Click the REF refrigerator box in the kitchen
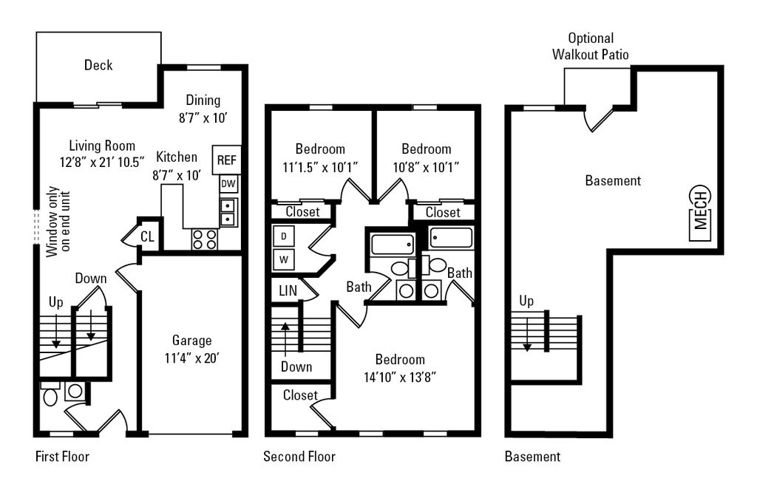pyautogui.click(x=226, y=160)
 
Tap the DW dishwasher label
pyautogui.click(x=228, y=184)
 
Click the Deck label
pyautogui.click(x=98, y=65)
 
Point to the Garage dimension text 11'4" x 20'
pyautogui.click(x=192, y=358)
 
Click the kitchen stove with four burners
pyautogui.click(x=204, y=239)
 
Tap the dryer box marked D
pyautogui.click(x=284, y=236)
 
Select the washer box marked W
pyautogui.click(x=284, y=259)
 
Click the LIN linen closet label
pyautogui.click(x=288, y=290)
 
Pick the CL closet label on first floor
pyautogui.click(x=147, y=236)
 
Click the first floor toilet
pyautogui.click(x=50, y=395)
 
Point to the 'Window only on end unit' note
pyautogui.click(x=59, y=221)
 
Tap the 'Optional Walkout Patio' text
pyautogui.click(x=591, y=47)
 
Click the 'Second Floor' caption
pyautogui.click(x=299, y=457)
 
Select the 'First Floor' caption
pyautogui.click(x=62, y=457)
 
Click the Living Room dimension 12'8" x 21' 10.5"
pyautogui.click(x=102, y=162)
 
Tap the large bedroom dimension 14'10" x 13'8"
pyautogui.click(x=400, y=377)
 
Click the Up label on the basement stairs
pyautogui.click(x=526, y=301)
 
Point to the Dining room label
pyautogui.click(x=203, y=100)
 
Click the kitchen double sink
pyautogui.click(x=228, y=212)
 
